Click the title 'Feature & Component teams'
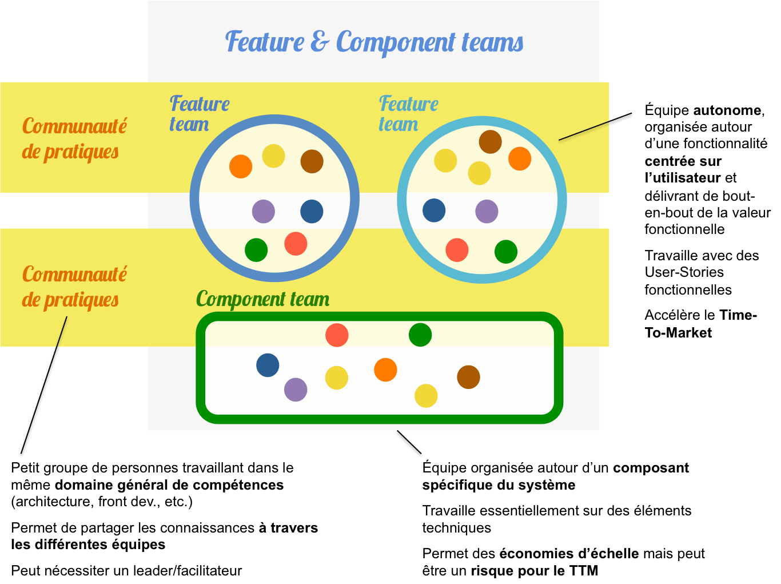click(374, 42)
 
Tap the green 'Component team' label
click(262, 299)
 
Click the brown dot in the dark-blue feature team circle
click(312, 161)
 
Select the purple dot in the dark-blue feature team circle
click(264, 212)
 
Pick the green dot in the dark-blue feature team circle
click(256, 250)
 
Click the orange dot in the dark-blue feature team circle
click(241, 166)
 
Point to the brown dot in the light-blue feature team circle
click(490, 142)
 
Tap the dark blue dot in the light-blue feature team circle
click(434, 210)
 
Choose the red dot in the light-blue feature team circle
click(457, 250)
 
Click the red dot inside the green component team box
click(337, 335)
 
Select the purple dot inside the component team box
click(296, 390)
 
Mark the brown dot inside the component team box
click(468, 377)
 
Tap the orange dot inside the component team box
click(385, 370)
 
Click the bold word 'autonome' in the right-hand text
click(728, 110)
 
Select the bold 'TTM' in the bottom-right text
click(583, 570)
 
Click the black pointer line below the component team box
click(409, 444)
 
